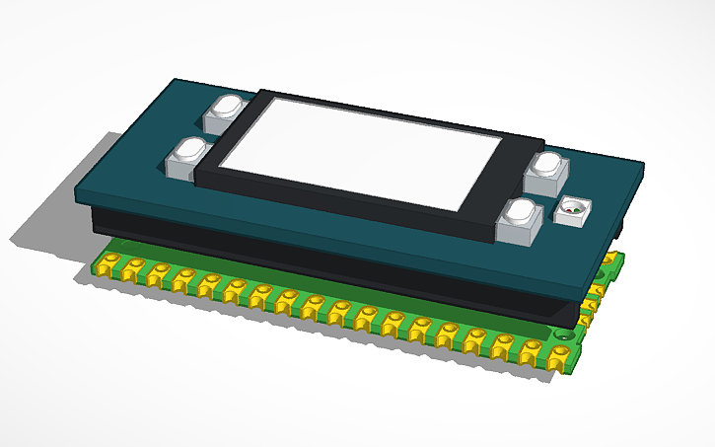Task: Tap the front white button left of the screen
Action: [x=187, y=159]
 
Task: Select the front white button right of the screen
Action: [x=518, y=221]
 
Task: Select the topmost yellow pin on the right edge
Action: [x=615, y=260]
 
